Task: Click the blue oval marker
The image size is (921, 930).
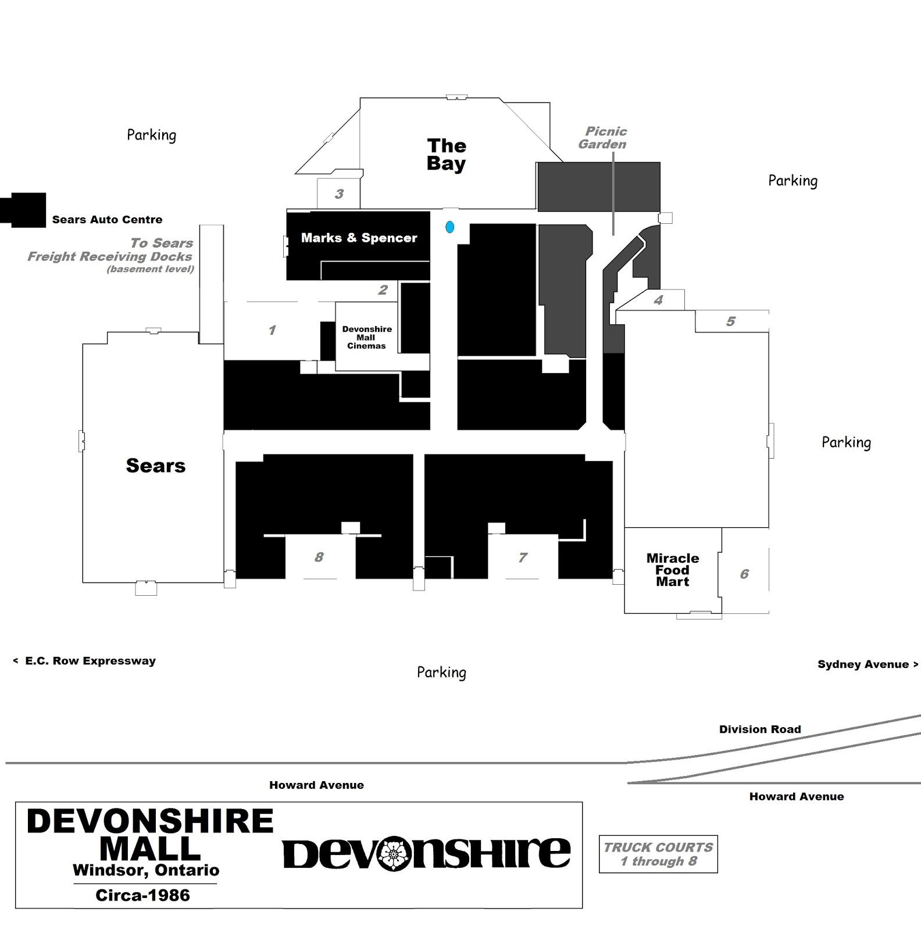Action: pos(449,227)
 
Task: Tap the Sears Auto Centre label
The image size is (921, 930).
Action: pos(108,220)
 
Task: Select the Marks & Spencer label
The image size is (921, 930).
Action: pos(359,238)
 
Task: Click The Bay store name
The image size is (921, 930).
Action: pos(447,154)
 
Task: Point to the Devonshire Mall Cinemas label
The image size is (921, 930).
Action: pos(367,337)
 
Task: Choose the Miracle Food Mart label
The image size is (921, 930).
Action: pos(673,570)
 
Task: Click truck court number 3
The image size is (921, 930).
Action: pos(339,194)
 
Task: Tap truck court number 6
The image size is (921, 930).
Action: pos(744,574)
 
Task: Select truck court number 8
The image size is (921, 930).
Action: pos(319,557)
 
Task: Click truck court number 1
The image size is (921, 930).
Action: pos(272,330)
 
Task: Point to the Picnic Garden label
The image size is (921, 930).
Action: pos(603,138)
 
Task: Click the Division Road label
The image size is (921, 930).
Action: pos(760,729)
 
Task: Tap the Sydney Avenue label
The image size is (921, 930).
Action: pos(868,664)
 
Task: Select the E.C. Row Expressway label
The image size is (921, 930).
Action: pos(84,661)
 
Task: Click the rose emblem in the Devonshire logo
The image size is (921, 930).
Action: pos(395,853)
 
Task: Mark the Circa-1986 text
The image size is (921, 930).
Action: pos(143,895)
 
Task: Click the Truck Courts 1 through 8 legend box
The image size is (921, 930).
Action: pos(658,854)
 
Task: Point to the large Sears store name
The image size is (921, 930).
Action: pos(156,466)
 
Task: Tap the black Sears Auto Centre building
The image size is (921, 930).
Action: pos(23,210)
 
